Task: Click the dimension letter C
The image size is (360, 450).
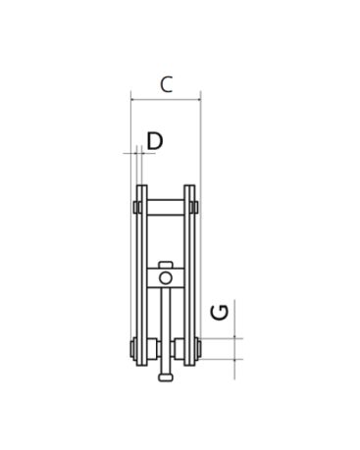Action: (x=166, y=84)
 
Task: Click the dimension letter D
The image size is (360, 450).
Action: (x=155, y=141)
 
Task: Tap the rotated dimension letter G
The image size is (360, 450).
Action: (x=220, y=312)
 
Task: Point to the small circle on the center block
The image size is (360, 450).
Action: (x=166, y=278)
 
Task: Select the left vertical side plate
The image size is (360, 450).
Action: (x=142, y=275)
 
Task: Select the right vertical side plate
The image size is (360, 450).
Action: (x=189, y=275)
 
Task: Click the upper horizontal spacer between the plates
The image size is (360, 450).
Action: (x=166, y=207)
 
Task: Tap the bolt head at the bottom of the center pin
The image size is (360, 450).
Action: (x=166, y=377)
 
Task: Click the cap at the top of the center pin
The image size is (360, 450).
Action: (x=166, y=265)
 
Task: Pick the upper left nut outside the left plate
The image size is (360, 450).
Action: (x=135, y=207)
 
